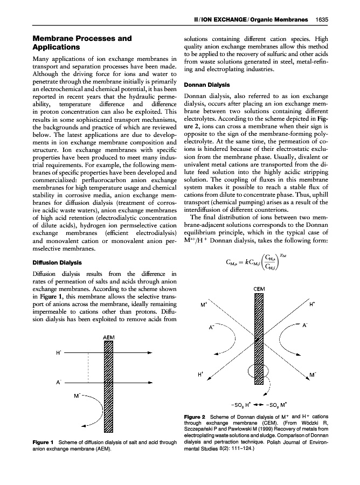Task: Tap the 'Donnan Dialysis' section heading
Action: pos(209,85)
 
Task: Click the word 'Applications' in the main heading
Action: pos(59,47)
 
